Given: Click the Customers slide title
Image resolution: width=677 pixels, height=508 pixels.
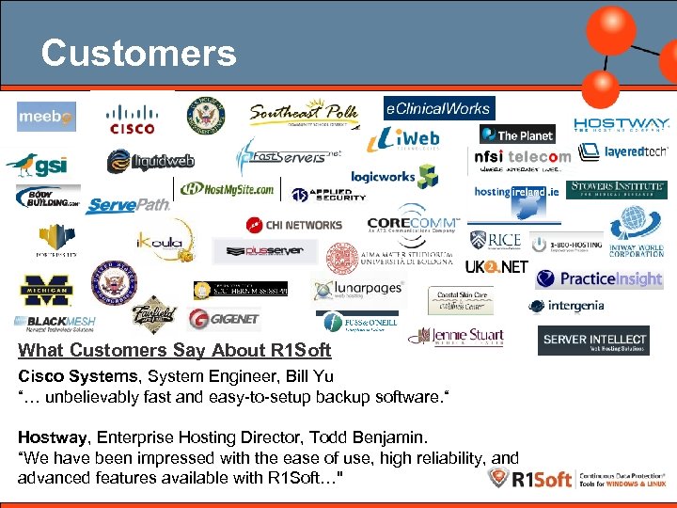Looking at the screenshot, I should pos(138,54).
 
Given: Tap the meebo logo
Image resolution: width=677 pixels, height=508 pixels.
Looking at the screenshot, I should pos(46,117).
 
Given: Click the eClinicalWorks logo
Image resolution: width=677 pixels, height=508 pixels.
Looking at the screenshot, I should pos(438,109).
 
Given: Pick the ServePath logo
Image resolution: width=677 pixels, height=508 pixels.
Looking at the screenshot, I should pos(128,205).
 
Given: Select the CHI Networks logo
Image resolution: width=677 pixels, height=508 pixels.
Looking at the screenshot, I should pos(294,225).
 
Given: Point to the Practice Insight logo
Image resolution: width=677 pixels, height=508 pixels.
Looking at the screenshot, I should pos(599,279).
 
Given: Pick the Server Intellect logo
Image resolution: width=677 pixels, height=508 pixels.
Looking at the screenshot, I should pos(593,341).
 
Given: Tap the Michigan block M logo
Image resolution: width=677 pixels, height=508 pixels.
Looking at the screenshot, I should pos(47,292).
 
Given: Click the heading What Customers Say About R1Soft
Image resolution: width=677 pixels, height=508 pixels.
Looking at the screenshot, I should pos(175,351).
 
